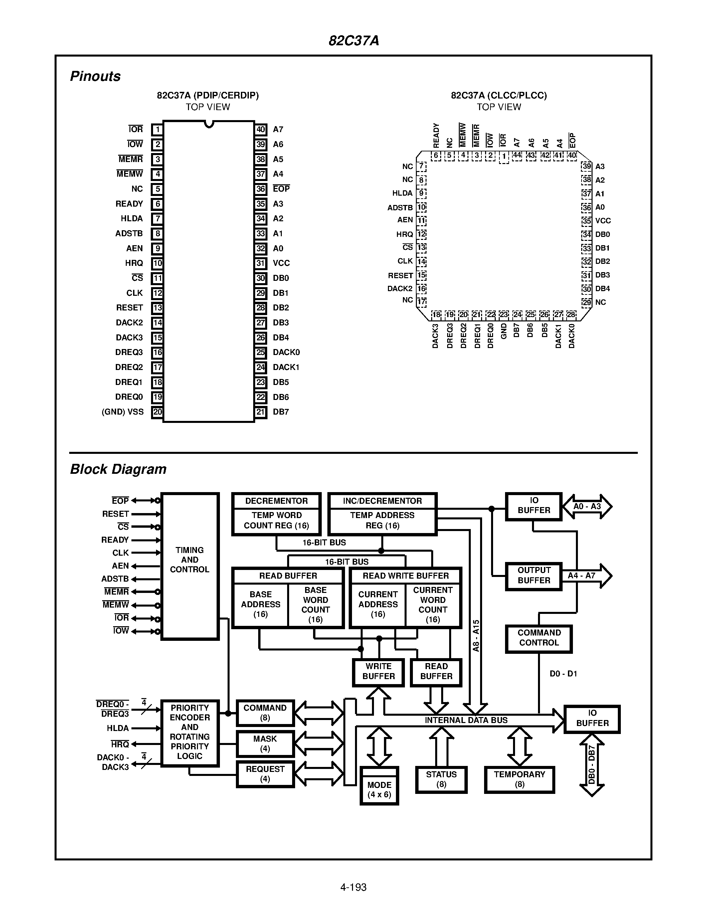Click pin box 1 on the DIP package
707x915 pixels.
157,129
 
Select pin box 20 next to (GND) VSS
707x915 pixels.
157,412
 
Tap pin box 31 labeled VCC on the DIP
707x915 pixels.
261,263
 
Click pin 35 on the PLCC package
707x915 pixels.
586,221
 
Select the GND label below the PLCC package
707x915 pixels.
504,331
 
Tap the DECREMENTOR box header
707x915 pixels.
276,501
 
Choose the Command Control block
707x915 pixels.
539,638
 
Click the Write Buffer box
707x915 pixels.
378,671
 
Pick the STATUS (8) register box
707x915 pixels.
441,779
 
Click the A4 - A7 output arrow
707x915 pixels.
586,576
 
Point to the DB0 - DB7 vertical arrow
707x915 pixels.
592,765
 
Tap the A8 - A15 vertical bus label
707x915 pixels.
476,635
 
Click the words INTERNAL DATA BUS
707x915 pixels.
466,720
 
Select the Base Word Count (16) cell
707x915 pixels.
315,605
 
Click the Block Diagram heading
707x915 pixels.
118,469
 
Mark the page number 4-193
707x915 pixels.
353,887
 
